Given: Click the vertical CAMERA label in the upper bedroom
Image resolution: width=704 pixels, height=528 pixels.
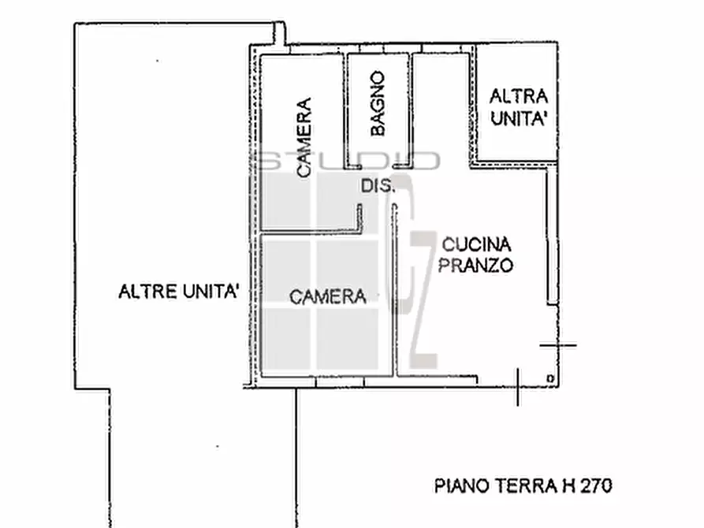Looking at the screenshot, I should [x=304, y=136].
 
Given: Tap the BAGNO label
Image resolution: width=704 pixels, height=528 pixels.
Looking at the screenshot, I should [x=378, y=103].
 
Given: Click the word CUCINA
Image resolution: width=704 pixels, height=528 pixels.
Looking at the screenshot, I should [x=476, y=244].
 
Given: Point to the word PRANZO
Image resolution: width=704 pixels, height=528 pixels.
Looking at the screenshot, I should [x=476, y=265].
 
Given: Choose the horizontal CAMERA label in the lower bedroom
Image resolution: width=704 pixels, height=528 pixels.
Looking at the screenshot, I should [x=328, y=297].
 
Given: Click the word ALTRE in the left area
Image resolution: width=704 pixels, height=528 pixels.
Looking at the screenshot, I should [x=144, y=292].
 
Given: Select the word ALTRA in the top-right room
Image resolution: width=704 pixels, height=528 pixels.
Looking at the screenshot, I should [x=518, y=97].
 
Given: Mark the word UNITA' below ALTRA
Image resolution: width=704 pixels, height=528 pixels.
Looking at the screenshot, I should [x=520, y=119].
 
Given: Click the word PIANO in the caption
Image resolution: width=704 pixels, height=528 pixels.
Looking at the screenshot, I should [x=457, y=486].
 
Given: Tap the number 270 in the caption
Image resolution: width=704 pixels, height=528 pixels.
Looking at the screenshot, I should [x=596, y=486].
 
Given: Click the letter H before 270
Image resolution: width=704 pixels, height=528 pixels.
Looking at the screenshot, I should [x=567, y=486].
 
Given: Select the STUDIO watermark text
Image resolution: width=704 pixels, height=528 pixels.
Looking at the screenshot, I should [x=348, y=161].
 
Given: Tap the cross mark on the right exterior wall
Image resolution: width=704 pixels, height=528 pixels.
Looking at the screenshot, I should [x=558, y=344].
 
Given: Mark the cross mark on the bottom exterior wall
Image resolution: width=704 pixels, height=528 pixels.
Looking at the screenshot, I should [x=517, y=385].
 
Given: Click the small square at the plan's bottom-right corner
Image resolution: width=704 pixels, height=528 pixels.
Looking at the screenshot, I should [x=549, y=379].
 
